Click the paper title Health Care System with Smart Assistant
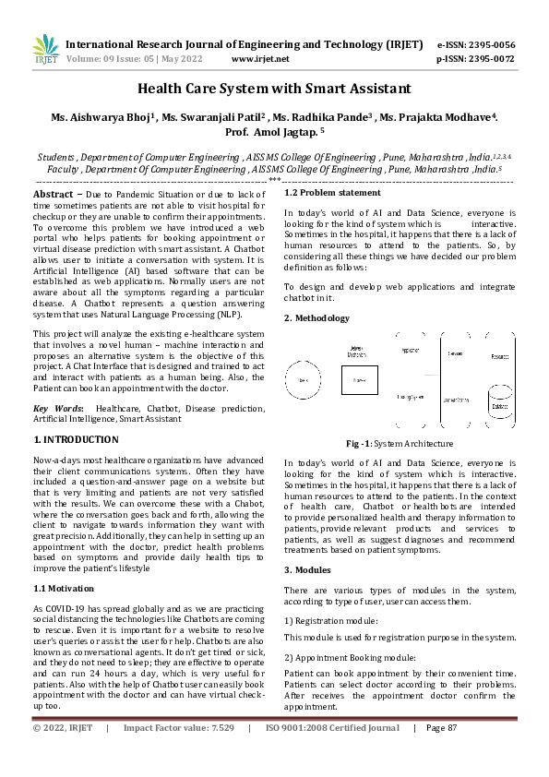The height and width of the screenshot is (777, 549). click(x=274, y=90)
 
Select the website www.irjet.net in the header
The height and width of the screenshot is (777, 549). click(x=260, y=58)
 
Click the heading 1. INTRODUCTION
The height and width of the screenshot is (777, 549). click(x=76, y=439)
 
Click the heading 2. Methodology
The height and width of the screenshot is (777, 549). click(x=316, y=318)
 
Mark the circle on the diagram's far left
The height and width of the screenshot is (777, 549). click(x=302, y=378)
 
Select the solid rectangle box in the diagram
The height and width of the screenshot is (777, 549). click(x=359, y=379)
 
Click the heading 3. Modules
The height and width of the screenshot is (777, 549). click(x=308, y=569)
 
